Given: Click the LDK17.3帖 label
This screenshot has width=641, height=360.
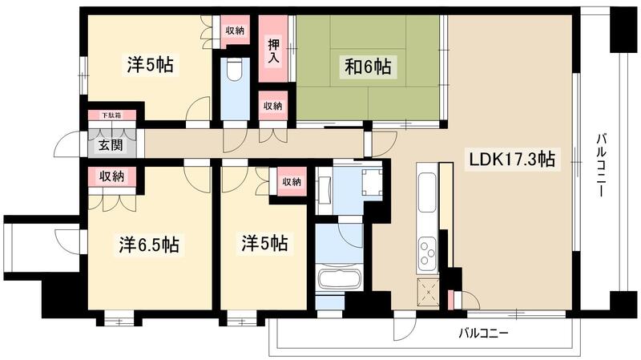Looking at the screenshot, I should point(511,160).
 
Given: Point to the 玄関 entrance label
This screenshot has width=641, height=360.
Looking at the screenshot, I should point(111,146).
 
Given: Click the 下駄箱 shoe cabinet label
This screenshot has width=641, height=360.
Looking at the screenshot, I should point(111,115).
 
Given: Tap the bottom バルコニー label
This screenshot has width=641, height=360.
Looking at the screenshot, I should point(483,331).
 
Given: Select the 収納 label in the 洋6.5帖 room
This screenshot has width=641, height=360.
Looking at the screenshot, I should point(112,176).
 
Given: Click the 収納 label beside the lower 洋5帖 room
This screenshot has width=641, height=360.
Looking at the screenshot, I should point(292,182).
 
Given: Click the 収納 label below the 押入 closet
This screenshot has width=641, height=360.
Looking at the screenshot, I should point(272,106).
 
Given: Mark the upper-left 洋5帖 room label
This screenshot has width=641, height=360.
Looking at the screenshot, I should point(150,63).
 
